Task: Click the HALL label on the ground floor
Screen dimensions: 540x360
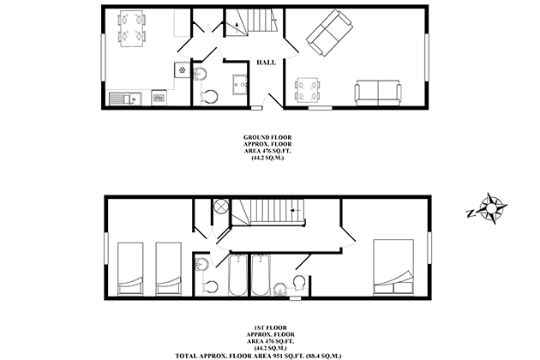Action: pyautogui.click(x=267, y=63)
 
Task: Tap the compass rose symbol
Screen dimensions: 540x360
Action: pyautogui.click(x=491, y=208)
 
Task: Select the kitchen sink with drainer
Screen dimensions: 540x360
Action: pyautogui.click(x=125, y=99)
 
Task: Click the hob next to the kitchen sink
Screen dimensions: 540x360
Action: pyautogui.click(x=159, y=99)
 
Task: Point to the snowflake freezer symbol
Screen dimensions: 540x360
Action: pyautogui.click(x=183, y=70)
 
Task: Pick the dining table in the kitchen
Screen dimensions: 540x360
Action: pyautogui.click(x=132, y=28)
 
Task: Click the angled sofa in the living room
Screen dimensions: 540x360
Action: pyautogui.click(x=329, y=33)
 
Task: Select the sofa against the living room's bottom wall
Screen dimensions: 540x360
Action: pyautogui.click(x=378, y=93)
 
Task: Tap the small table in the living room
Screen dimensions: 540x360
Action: pyautogui.click(x=307, y=91)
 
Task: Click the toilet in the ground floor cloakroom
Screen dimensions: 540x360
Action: pyautogui.click(x=208, y=97)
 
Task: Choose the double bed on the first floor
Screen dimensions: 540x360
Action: pyautogui.click(x=393, y=267)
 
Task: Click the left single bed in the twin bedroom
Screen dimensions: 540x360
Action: pyautogui.click(x=130, y=268)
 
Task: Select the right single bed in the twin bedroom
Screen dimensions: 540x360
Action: pyautogui.click(x=168, y=268)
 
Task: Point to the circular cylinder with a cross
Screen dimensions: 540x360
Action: pyautogui.click(x=220, y=207)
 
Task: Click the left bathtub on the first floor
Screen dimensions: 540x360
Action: pyautogui.click(x=238, y=275)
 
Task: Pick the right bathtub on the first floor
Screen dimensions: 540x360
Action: pyautogui.click(x=261, y=275)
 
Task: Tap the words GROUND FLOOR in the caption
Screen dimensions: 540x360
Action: pyautogui.click(x=267, y=137)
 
